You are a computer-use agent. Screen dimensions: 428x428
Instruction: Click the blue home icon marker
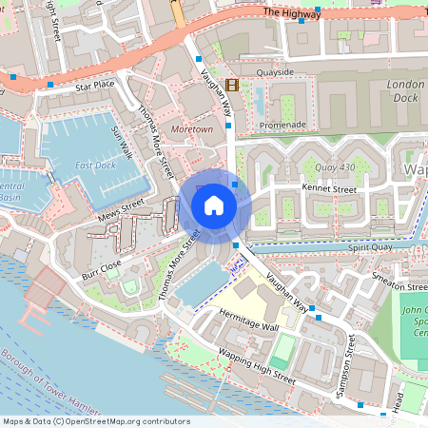click(x=214, y=204)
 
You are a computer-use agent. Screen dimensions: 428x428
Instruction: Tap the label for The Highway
click(x=291, y=12)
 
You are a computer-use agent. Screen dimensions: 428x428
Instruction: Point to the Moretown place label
click(x=191, y=128)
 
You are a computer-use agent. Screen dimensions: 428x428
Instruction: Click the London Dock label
click(x=406, y=89)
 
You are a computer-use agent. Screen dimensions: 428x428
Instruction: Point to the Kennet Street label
click(x=329, y=189)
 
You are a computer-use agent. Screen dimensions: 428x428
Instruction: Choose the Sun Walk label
click(x=120, y=142)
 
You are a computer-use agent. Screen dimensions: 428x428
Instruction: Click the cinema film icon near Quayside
click(x=233, y=84)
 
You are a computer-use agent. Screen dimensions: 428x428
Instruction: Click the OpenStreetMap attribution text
click(x=96, y=421)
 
